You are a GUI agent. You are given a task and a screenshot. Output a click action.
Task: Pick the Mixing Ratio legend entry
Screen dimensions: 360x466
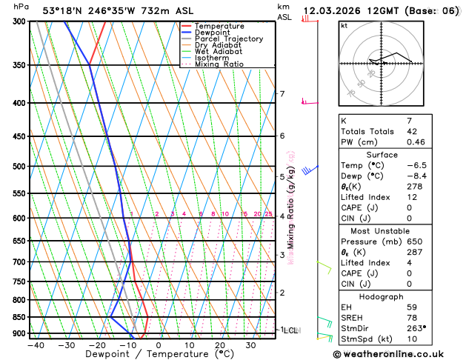219,64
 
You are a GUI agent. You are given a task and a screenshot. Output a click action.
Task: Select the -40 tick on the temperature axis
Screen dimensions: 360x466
36,345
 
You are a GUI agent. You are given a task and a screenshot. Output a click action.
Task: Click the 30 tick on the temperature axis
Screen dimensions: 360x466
250,345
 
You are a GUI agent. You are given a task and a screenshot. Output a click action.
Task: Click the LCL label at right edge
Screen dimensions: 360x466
290,330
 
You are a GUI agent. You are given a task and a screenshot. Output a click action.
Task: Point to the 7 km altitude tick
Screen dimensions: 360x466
282,94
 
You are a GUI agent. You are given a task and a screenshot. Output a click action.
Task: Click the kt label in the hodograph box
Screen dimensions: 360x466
344,25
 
